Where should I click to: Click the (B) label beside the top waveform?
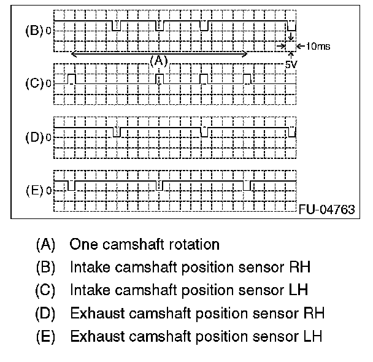[33, 30]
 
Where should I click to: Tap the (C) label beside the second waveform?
[33, 84]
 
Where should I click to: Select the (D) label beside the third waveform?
[33, 137]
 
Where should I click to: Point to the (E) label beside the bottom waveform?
[33, 190]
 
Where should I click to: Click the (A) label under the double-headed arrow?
[158, 60]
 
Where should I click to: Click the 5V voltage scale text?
[291, 63]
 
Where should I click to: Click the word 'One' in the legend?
[83, 244]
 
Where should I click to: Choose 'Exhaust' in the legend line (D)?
[93, 314]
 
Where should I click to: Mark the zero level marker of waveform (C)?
[49, 84]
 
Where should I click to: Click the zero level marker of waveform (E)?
[49, 190]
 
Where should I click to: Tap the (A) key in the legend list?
[46, 244]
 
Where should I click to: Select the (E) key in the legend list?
[46, 336]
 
